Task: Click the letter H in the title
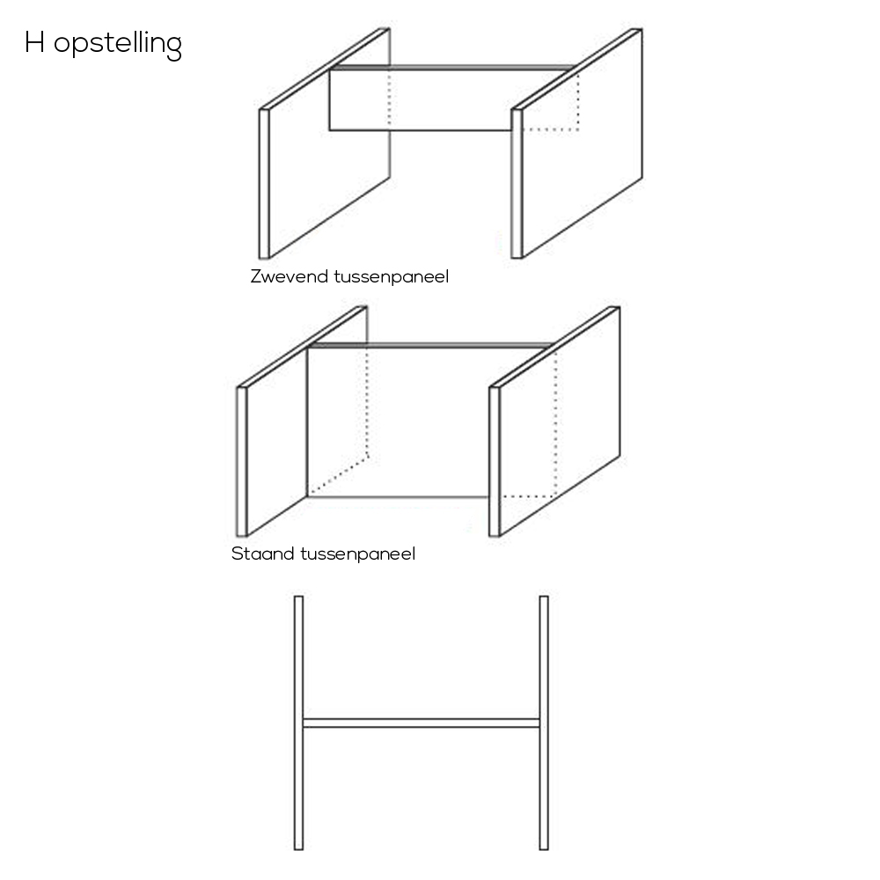point(35,42)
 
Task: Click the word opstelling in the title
point(118,45)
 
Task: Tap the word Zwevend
point(289,276)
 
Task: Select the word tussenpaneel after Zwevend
point(392,276)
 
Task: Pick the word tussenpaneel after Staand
point(358,554)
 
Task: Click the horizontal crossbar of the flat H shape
point(421,722)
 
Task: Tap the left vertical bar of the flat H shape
point(298,722)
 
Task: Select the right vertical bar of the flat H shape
point(544,722)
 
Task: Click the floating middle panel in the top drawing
point(421,100)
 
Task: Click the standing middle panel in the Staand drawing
point(399,421)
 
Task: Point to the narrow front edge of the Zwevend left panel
point(264,184)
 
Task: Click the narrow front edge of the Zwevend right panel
point(517,184)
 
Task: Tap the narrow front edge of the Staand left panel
point(241,461)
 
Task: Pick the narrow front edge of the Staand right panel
point(494,461)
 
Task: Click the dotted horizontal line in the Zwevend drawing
point(551,130)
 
